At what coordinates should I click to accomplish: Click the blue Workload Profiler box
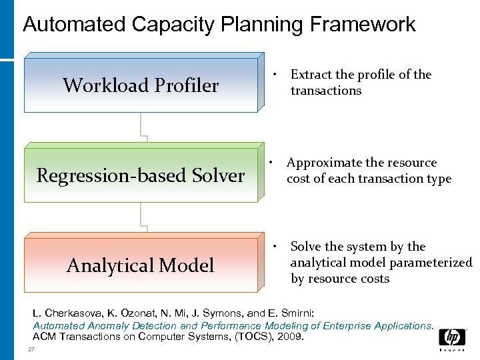tap(141, 85)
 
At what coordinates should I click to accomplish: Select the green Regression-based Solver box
tap(141, 176)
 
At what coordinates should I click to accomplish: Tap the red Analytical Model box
tap(141, 265)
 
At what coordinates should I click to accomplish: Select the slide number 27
tap(31, 350)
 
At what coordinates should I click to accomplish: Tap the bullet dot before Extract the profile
tap(275, 74)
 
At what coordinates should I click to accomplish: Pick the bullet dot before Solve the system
tap(275, 247)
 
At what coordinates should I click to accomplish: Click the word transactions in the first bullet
tap(325, 91)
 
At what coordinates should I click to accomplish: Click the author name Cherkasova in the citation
tap(72, 312)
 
